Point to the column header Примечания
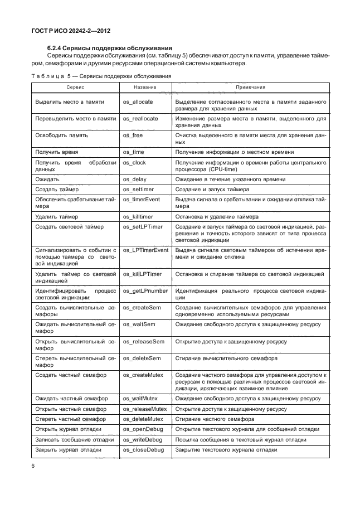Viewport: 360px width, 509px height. (x=250, y=88)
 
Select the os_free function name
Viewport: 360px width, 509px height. (x=132, y=135)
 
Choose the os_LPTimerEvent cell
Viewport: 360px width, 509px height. (x=145, y=250)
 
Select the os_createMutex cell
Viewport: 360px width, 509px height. (x=144, y=375)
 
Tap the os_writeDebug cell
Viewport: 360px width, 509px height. (x=143, y=439)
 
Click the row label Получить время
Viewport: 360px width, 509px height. (x=56, y=152)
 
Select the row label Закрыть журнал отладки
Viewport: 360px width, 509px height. (x=68, y=449)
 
